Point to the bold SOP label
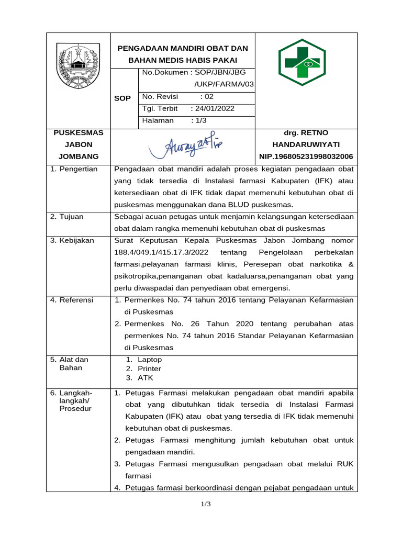point(123,98)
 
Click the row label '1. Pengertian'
point(74,169)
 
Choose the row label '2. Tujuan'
point(67,217)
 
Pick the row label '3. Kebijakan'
point(72,241)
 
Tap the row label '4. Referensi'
point(72,300)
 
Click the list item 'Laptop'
point(150,360)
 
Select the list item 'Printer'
point(149,368)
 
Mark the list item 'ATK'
point(145,377)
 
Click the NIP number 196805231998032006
point(306,157)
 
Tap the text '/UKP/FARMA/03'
point(224,85)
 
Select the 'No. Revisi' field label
point(160,97)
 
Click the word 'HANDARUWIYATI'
point(306,144)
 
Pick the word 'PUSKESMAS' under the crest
point(79,133)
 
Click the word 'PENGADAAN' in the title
point(140,48)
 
